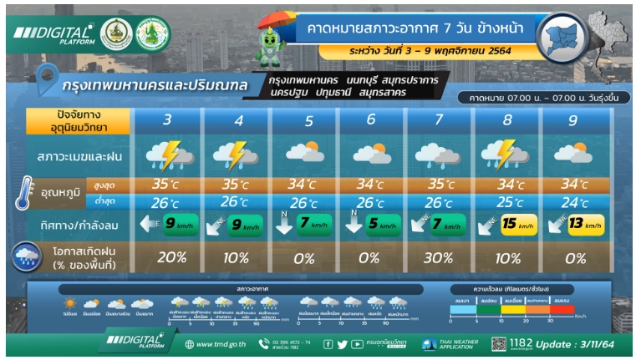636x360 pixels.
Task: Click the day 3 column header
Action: pos(168,120)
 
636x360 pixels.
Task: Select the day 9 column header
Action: pos(572,120)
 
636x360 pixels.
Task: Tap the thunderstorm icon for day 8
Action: pos(506,155)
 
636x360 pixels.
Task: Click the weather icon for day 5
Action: pos(303,155)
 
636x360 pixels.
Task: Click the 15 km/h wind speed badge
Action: pos(517,224)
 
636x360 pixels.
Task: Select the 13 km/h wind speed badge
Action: pos(585,224)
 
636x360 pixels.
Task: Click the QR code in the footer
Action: pos(499,343)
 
